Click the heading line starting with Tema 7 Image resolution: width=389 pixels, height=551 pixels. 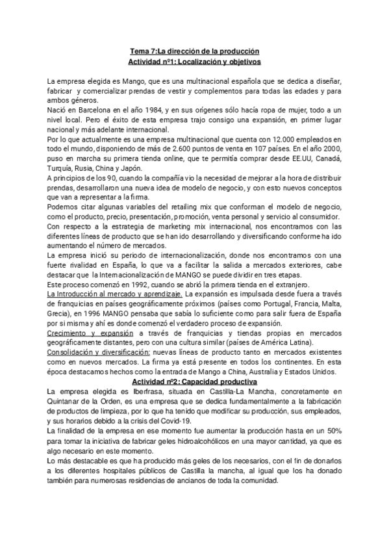pos(194,51)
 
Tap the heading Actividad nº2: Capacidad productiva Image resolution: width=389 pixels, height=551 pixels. pos(194,381)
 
